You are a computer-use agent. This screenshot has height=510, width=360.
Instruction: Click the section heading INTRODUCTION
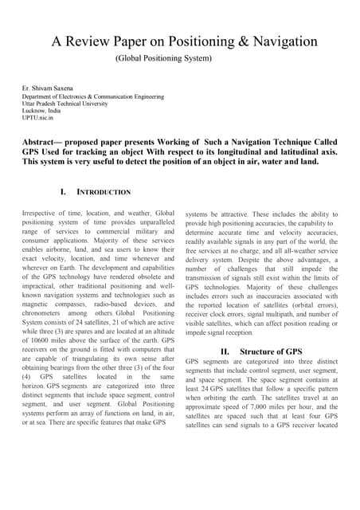103,192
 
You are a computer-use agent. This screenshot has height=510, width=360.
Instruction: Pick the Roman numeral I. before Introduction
62,192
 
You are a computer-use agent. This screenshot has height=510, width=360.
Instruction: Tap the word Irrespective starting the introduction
45,214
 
